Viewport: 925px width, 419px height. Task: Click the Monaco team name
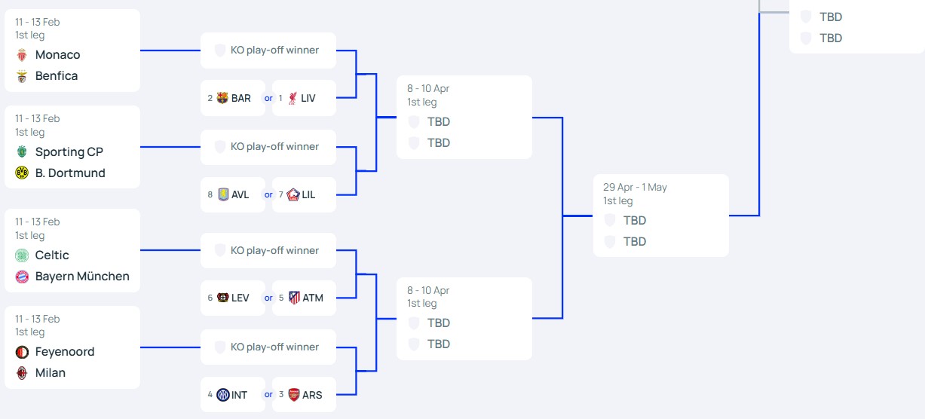(x=57, y=55)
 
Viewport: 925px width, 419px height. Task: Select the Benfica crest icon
(x=21, y=76)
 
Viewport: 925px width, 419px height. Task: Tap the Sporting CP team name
(x=69, y=152)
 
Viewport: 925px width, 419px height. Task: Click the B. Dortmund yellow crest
(x=21, y=173)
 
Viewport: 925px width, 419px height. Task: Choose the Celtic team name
(x=52, y=255)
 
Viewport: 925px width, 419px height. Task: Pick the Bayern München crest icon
(x=21, y=277)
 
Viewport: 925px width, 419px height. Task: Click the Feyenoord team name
(x=65, y=352)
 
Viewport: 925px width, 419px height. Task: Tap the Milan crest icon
(x=21, y=373)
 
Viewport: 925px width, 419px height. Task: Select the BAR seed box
(x=232, y=98)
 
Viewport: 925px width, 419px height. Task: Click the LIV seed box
(x=304, y=98)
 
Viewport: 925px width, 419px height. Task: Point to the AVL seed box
(x=232, y=194)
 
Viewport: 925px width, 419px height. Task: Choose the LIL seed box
(x=304, y=194)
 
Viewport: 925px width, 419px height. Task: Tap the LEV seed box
(x=232, y=298)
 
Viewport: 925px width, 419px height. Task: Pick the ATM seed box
(x=304, y=298)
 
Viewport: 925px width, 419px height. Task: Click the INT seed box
(x=232, y=394)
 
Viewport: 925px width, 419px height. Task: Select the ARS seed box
(x=304, y=394)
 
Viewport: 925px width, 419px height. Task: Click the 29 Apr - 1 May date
(x=635, y=188)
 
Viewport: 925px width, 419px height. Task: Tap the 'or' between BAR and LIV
(x=268, y=98)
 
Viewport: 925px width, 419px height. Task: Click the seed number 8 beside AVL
(x=210, y=194)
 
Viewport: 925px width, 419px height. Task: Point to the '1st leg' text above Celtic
(x=30, y=236)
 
